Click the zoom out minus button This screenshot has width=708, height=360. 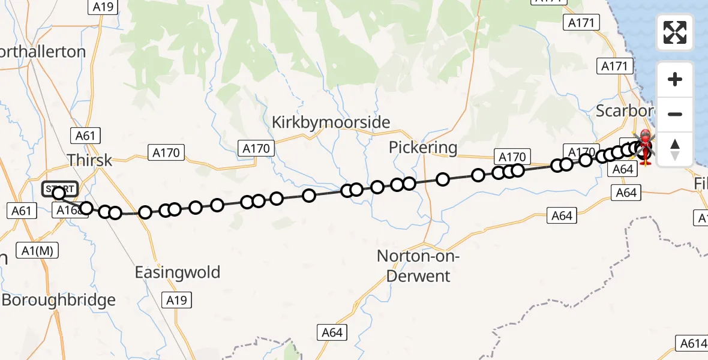pos(675,114)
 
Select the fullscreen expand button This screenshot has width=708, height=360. pos(675,32)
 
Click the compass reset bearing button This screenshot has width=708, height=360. pos(675,149)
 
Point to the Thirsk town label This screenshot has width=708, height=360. pos(89,160)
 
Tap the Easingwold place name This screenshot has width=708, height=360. pos(177,272)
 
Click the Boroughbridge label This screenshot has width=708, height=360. pos(59,300)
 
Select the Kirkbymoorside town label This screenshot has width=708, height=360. pos(331,122)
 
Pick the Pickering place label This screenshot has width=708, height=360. pos(423,147)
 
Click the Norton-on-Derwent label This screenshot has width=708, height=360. pos(418,266)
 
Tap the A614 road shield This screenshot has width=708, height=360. pos(694,343)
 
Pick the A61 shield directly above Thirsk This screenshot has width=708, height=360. pos(85,136)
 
